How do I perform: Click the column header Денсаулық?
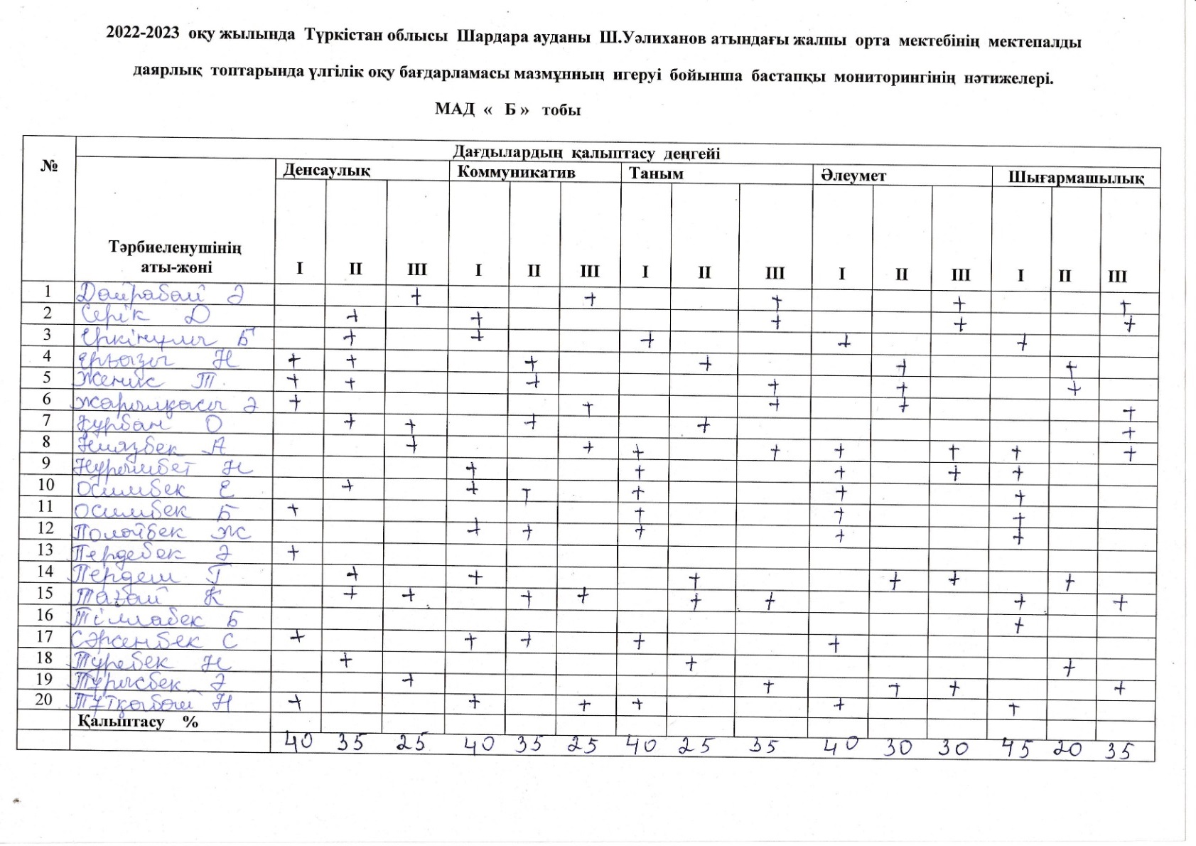click(326, 171)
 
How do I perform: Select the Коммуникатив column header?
click(516, 172)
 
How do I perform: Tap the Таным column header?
click(656, 173)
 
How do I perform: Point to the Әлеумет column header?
click(853, 176)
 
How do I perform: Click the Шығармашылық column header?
click(1076, 178)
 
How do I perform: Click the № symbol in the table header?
click(49, 166)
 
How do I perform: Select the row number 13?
click(45, 549)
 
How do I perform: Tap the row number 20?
click(44, 699)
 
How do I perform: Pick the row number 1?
click(48, 290)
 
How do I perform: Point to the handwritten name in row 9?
click(163, 466)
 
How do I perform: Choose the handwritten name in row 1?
click(161, 293)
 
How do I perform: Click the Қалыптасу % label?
click(138, 722)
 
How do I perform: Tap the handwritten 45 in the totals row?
click(1016, 748)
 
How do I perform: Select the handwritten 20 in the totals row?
click(1068, 749)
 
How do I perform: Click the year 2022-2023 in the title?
click(143, 33)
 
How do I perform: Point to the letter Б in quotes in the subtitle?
click(510, 110)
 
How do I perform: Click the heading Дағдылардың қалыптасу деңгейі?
click(586, 153)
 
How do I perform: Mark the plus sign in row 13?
click(293, 551)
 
